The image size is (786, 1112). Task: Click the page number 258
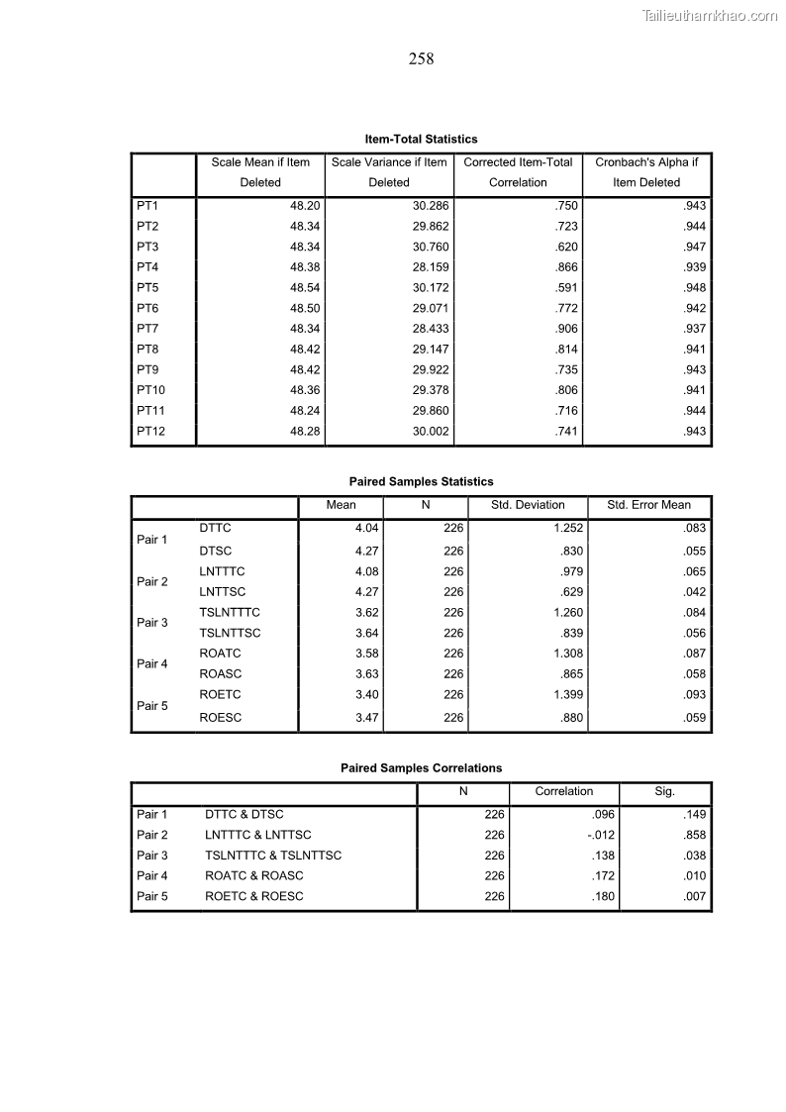point(421,59)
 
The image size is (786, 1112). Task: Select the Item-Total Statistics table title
point(421,140)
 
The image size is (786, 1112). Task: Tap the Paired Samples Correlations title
point(421,768)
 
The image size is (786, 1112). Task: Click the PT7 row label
point(147,329)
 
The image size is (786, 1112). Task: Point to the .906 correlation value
point(567,329)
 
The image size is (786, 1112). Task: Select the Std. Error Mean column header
point(648,505)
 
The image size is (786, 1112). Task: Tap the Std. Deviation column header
point(528,505)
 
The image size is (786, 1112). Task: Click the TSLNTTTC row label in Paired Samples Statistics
point(230,613)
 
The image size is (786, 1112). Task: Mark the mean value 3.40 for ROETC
point(366,695)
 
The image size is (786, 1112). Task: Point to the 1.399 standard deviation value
point(568,695)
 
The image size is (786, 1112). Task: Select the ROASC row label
point(220,674)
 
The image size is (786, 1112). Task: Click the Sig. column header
point(664,792)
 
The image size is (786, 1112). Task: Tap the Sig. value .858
point(694,836)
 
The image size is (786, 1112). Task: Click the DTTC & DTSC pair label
point(244,815)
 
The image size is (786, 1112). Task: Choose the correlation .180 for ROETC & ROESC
point(603,897)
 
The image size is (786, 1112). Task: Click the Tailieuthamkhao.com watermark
point(710,15)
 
